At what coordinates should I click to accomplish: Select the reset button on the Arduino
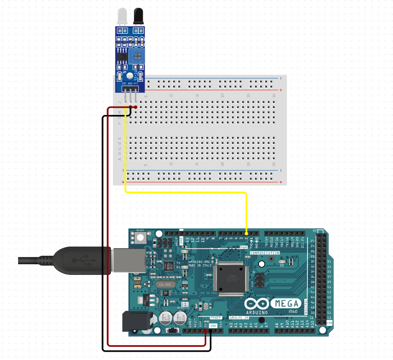pyautogui.click(x=140, y=238)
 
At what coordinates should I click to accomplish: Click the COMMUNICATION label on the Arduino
pyautogui.click(x=265, y=253)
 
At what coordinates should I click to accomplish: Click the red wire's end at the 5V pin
pyautogui.click(x=205, y=331)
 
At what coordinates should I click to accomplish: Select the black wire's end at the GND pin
pyautogui.click(x=211, y=331)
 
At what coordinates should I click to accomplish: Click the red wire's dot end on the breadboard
pyautogui.click(x=135, y=107)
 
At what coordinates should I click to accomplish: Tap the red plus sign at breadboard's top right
pyautogui.click(x=281, y=90)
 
